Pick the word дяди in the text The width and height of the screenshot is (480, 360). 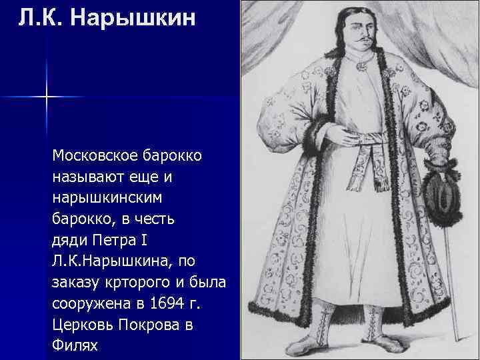[67, 239]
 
